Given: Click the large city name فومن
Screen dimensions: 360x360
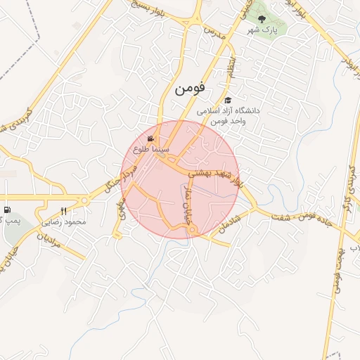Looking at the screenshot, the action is [189, 89].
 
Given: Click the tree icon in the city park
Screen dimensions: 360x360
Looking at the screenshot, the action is [262, 20].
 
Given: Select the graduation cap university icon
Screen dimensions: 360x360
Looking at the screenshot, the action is [228, 101].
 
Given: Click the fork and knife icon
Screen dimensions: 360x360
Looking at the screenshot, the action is [64, 211].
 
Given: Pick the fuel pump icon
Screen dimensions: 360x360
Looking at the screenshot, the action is [7, 210].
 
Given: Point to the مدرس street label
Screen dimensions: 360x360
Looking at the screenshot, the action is [213, 32].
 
